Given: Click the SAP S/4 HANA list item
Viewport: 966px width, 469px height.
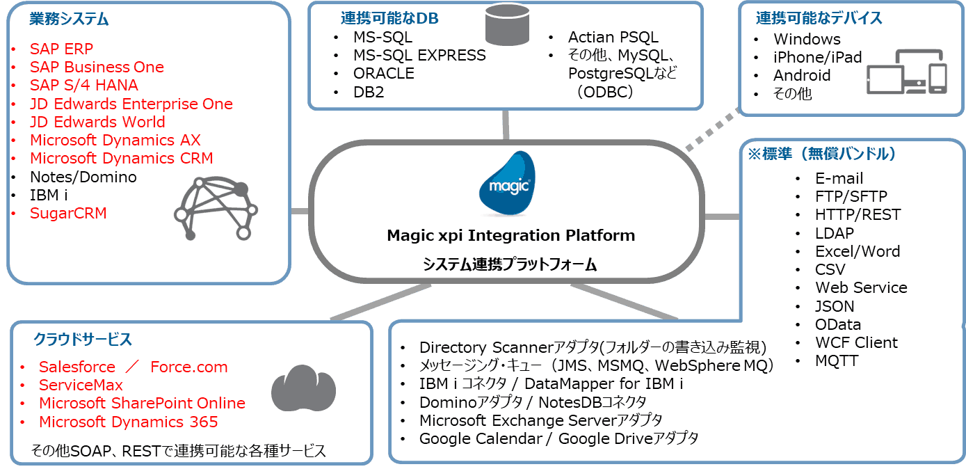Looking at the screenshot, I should click(x=83, y=85).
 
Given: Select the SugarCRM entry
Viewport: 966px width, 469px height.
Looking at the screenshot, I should click(x=68, y=213).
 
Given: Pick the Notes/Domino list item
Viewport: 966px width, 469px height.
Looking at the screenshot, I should click(x=83, y=177).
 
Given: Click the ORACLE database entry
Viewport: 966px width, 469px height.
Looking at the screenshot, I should click(x=383, y=73).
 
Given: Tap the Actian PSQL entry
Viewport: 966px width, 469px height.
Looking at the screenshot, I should click(x=613, y=37).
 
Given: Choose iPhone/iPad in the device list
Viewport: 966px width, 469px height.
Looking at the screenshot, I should click(x=817, y=57).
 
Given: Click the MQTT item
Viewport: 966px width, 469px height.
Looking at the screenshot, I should click(x=837, y=360).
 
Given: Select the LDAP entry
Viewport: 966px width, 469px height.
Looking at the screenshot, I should click(x=834, y=233).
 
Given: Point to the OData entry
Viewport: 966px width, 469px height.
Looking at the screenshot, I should click(x=838, y=324).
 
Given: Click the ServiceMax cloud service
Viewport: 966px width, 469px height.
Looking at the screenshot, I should click(x=81, y=385).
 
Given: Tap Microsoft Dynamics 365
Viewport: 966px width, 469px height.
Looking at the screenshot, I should click(x=128, y=422).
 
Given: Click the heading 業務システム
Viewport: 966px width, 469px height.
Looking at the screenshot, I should click(x=69, y=19).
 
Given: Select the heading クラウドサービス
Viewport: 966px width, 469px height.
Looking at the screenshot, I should click(x=83, y=340).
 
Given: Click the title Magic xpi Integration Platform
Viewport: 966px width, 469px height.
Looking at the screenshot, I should click(x=510, y=235).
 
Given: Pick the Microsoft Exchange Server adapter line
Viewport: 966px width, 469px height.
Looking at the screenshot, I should click(x=540, y=420).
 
